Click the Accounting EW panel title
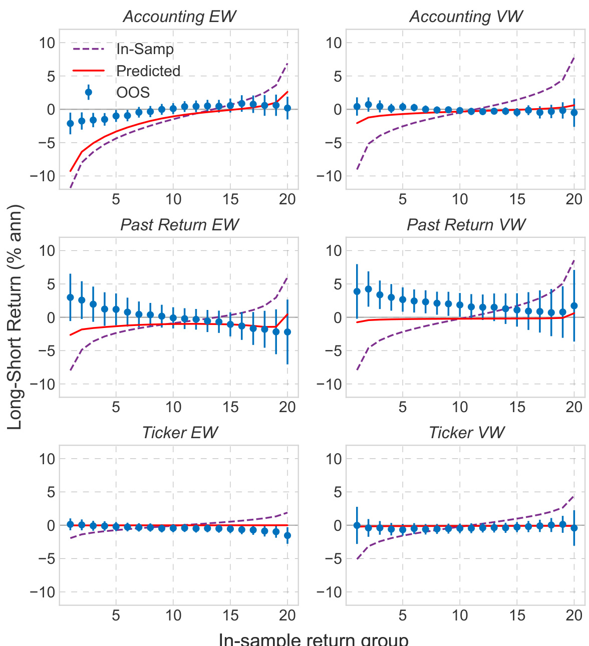coord(179,17)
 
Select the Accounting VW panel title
coord(466,17)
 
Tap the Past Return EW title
coord(179,225)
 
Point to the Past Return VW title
coord(466,225)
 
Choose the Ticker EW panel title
coord(179,433)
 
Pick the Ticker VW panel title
coord(466,433)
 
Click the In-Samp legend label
coord(145,49)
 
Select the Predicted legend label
coord(148,71)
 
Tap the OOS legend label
coord(133,93)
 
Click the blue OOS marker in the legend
coord(89,92)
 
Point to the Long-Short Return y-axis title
coord(16,317)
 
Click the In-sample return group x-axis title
coord(314,639)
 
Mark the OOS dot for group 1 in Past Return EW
coord(70,297)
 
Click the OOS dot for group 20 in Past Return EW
coord(287,332)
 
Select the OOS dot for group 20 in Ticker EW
coord(287,535)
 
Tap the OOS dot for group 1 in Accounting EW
coord(70,123)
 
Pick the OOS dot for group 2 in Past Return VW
coord(368,289)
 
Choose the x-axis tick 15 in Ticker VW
coord(517,615)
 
